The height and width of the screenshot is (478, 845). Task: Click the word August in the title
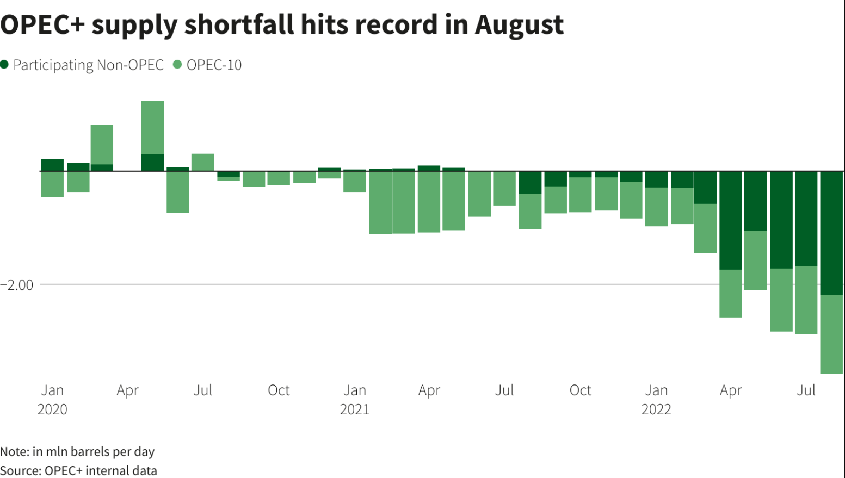click(x=519, y=25)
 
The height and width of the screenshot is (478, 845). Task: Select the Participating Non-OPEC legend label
click(x=88, y=65)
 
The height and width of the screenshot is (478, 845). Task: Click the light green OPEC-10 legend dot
click(x=177, y=65)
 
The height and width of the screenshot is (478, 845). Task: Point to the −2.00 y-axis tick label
click(x=17, y=285)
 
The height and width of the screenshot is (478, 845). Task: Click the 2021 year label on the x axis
click(x=355, y=409)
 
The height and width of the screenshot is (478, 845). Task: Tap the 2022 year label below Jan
click(x=656, y=409)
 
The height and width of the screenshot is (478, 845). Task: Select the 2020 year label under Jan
click(x=52, y=409)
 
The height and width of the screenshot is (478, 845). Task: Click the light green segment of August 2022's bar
click(x=832, y=334)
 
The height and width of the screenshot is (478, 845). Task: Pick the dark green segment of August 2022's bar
click(x=832, y=233)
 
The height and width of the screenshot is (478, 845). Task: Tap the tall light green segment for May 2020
click(x=152, y=127)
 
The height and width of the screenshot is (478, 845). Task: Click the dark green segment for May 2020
click(x=152, y=163)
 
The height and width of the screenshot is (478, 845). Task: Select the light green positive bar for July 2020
click(x=202, y=162)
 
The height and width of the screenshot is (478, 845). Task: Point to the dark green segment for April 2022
click(x=731, y=220)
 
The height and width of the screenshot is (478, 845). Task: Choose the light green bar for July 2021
click(x=504, y=188)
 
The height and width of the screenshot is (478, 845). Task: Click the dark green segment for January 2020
click(x=52, y=165)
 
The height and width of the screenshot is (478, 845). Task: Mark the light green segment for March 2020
click(x=102, y=145)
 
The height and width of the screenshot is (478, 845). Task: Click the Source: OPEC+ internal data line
click(x=78, y=470)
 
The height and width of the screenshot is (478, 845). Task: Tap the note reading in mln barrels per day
click(x=77, y=452)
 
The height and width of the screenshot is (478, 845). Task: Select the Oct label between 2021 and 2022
click(x=580, y=390)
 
